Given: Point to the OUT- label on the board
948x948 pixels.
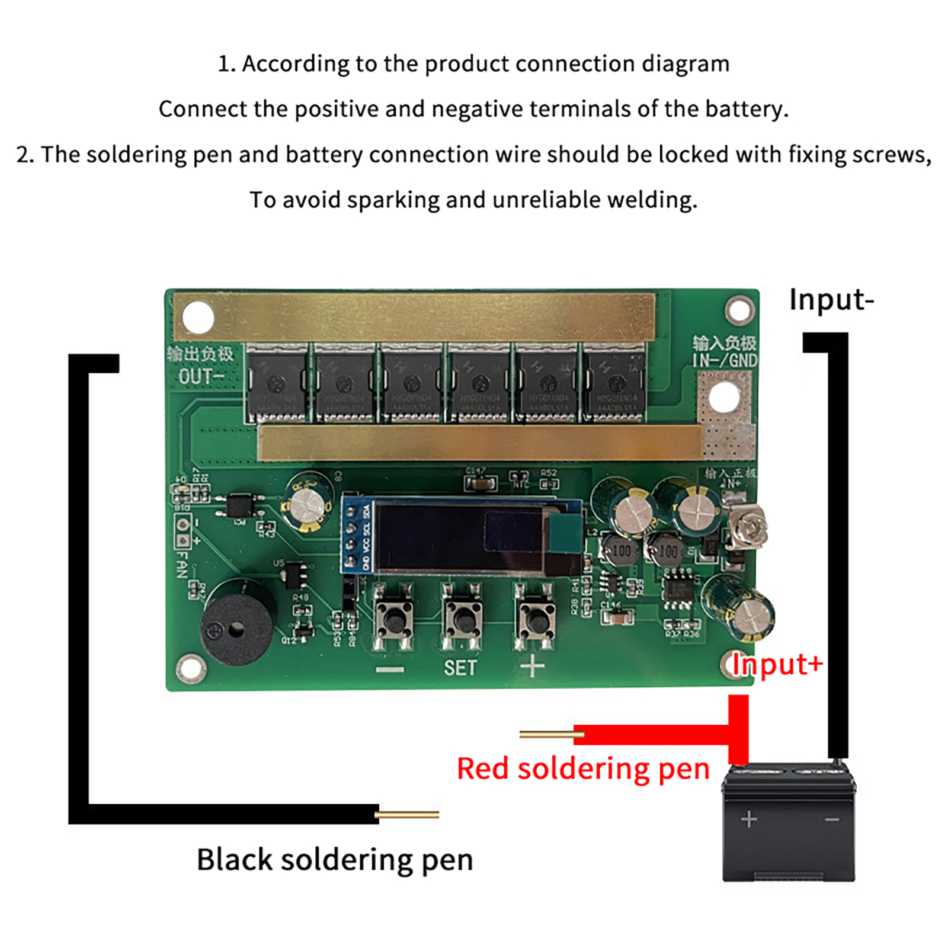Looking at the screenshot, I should click(x=201, y=376).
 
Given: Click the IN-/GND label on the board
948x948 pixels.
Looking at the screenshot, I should click(x=725, y=360).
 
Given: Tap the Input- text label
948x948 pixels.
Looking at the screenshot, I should click(x=831, y=300).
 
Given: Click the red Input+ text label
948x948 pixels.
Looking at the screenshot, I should click(x=777, y=664).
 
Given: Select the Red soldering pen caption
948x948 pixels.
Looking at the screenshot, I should click(x=583, y=769).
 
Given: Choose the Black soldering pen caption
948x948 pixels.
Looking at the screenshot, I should click(x=335, y=860).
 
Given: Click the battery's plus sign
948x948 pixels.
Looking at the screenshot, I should click(x=749, y=819).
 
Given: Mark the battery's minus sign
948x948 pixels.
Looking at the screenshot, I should click(x=832, y=820).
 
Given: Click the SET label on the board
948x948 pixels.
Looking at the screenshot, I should click(x=460, y=668).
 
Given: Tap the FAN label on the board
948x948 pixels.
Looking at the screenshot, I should click(x=182, y=564).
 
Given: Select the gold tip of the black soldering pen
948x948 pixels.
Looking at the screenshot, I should click(x=408, y=815).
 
